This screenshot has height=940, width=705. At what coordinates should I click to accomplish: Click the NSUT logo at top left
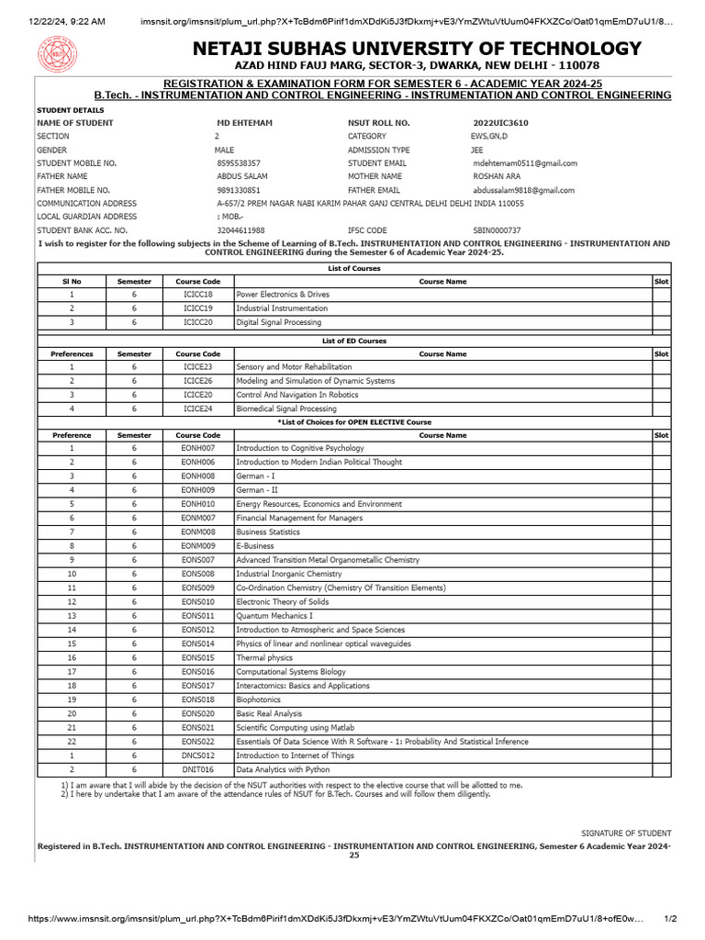point(58,56)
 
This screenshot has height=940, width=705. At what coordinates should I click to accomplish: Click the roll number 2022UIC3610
point(500,122)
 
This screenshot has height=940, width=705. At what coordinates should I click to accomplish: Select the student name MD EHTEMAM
point(244,122)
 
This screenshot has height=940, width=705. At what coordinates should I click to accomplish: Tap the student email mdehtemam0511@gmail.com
point(524,162)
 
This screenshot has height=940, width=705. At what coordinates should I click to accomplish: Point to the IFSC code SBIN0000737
point(497,229)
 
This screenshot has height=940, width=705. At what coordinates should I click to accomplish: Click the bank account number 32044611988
point(241,229)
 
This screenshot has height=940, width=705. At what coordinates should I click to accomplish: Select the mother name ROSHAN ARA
point(496,176)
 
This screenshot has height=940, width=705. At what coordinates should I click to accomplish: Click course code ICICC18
point(197,295)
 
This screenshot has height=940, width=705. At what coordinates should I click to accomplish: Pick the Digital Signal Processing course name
point(279,322)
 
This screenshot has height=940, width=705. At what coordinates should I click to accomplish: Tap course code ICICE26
point(197,380)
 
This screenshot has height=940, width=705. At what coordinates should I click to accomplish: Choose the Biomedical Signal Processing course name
point(286,408)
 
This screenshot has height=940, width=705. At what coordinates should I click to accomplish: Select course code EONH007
point(197,448)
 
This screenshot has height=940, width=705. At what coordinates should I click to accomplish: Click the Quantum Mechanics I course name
point(274,615)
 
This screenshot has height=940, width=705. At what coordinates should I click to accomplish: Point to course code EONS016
point(197,671)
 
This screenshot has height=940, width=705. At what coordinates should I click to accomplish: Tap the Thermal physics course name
point(264,657)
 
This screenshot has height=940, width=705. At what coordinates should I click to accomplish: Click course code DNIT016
point(197,769)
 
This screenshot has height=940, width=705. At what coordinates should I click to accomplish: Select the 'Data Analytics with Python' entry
point(283,769)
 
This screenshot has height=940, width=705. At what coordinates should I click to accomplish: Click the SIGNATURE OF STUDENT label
point(626,833)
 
